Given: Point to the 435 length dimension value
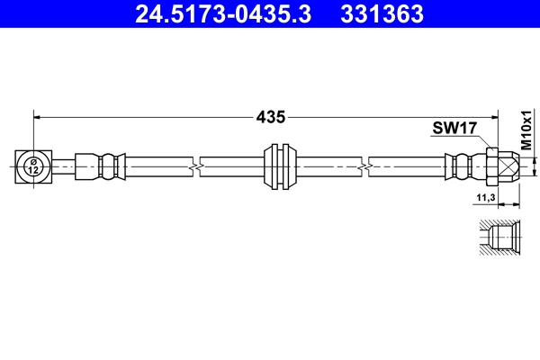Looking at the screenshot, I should (x=270, y=116).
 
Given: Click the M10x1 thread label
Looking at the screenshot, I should (x=526, y=130).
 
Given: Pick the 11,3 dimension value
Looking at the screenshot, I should (x=485, y=197).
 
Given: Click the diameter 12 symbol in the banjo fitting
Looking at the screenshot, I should (x=32, y=166).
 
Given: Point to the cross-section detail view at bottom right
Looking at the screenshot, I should (x=496, y=238).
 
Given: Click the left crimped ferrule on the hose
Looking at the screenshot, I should (x=98, y=166).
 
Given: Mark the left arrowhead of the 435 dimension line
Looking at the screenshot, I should (x=38, y=116).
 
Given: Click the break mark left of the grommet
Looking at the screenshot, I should (x=194, y=166).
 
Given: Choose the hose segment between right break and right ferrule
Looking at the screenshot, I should (x=405, y=166).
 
